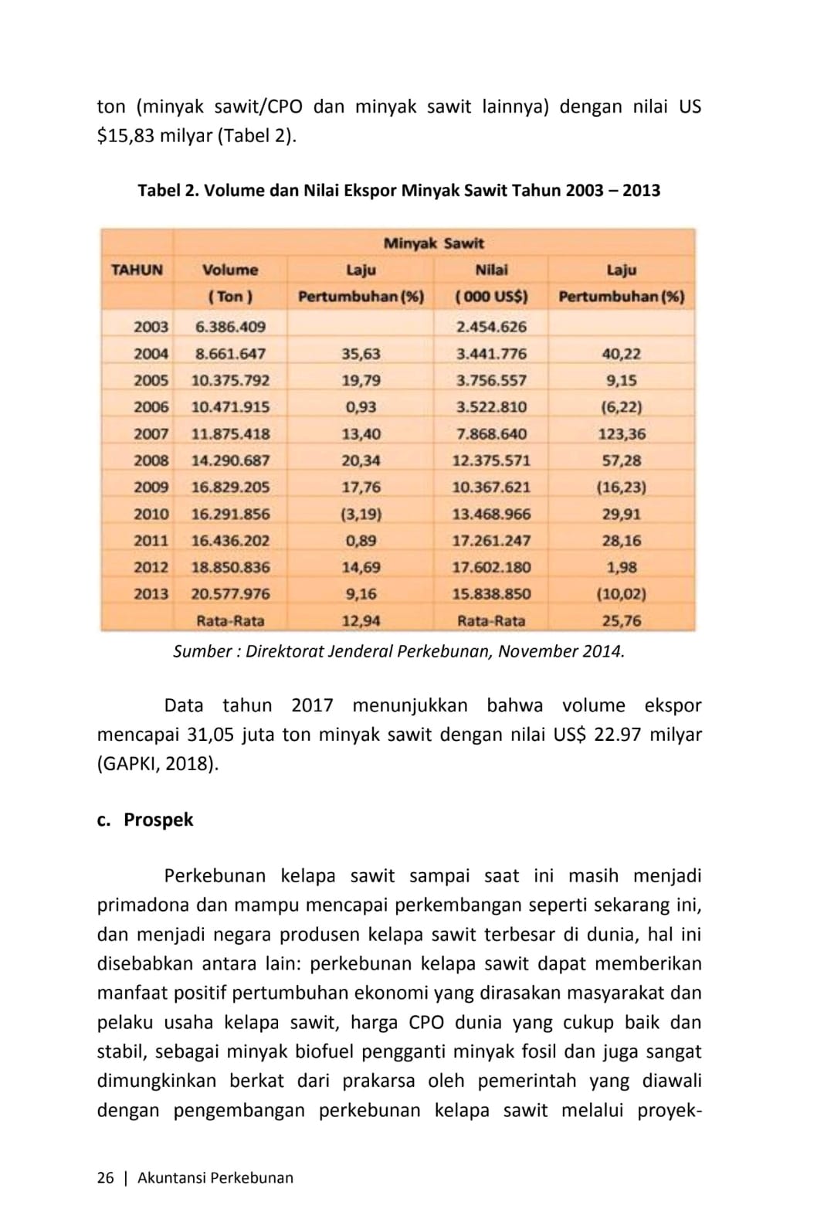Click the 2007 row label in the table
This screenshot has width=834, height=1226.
tap(151, 434)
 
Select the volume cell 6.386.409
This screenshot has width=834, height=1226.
tap(230, 327)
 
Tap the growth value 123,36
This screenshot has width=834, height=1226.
tap(622, 434)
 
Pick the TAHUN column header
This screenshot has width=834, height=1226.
tap(137, 270)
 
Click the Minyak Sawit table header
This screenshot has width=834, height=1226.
tap(433, 243)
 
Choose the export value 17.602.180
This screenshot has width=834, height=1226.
tap(491, 567)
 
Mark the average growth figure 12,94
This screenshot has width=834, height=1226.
tap(361, 620)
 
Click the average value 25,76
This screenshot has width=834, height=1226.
tap(622, 620)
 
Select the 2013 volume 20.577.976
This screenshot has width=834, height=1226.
tap(230, 594)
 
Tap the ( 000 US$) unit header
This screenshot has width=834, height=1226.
tap(491, 297)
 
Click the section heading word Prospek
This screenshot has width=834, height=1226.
tap(158, 820)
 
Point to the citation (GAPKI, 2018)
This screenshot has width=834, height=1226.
tap(158, 764)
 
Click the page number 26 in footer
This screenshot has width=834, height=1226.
tap(105, 1178)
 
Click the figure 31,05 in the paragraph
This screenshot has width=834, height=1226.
tap(211, 735)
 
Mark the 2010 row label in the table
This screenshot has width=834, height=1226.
tap(151, 514)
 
